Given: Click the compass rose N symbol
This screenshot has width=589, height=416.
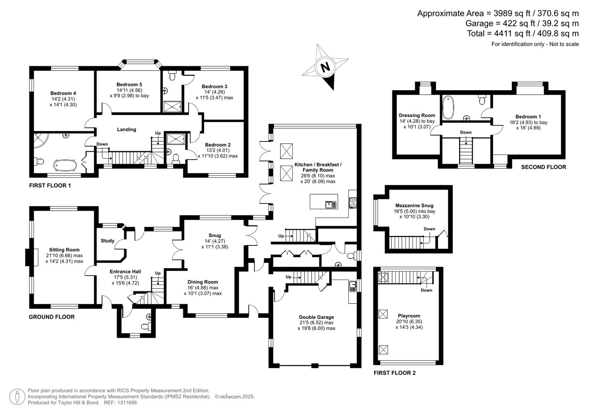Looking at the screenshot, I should pos(326,67).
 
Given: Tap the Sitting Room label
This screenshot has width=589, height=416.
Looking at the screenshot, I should pos(64,250).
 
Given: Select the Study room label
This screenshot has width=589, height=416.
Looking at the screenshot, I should pos(108,241).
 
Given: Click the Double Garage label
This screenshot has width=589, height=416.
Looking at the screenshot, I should pos(316,317).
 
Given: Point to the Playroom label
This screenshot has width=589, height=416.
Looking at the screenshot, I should pos(409,315).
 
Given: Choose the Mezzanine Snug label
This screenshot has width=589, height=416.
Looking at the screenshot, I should pos(414,206).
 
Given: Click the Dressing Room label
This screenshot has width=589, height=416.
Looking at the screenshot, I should pos(417,115).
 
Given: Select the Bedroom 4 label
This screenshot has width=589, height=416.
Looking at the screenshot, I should pos(63,93).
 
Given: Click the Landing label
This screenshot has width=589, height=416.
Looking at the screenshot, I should pos(127,129).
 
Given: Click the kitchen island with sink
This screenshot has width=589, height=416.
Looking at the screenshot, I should pos(324,202).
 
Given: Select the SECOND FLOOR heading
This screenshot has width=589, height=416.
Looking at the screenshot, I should pos(543,167).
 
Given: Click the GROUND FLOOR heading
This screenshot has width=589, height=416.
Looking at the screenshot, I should pos(52,317).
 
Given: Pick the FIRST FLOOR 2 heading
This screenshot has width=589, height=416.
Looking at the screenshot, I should pos(394,373).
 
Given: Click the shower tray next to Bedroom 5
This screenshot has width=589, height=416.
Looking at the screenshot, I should pos(172,106).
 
